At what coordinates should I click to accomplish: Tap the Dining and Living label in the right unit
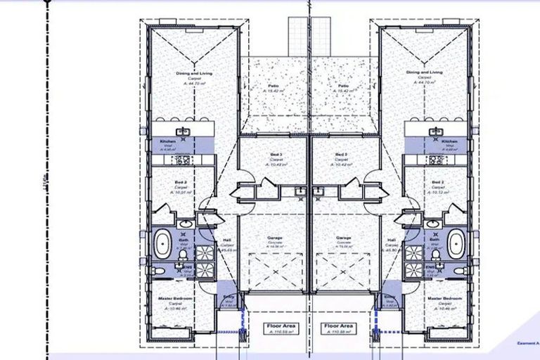425,72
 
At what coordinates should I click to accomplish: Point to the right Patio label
344,86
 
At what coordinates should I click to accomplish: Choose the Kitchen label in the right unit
450,142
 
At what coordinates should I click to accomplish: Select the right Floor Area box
337,329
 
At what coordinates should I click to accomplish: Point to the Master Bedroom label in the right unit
444,299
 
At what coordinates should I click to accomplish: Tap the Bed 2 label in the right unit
438,183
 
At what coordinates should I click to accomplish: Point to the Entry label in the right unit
389,297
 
